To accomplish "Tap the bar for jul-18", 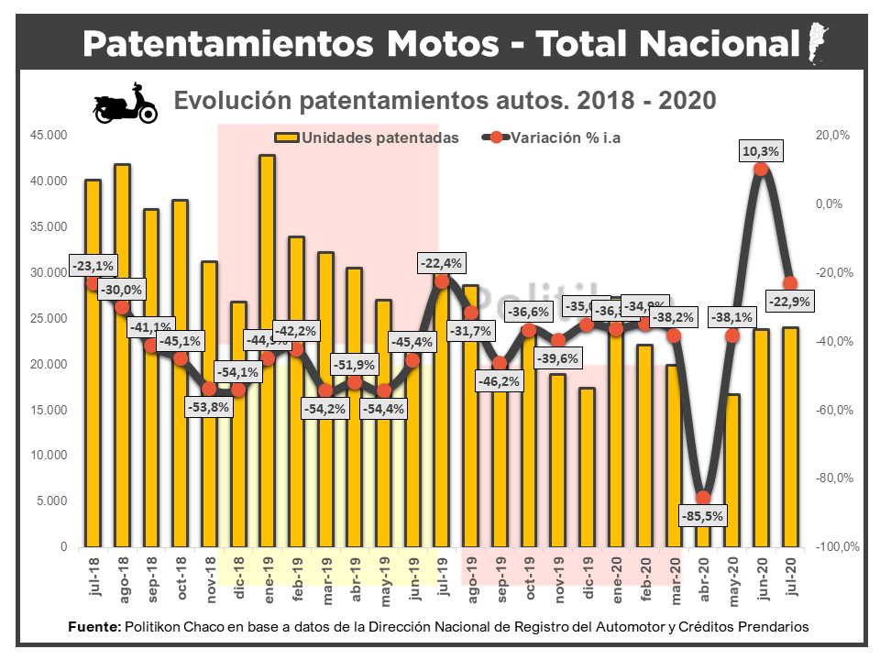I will pos(93,367).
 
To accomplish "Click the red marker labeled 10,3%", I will pos(761,169).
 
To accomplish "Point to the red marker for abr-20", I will pos(703,498).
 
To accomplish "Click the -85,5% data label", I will pos(703,516).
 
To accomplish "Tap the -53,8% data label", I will pos(209,410).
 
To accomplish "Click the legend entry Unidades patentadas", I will pos(367,137).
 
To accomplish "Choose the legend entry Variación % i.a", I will pos(559,137).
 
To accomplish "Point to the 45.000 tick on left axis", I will pos(49,135).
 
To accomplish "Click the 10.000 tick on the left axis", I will pos(49,456).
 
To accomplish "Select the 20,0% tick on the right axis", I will pos(834,135).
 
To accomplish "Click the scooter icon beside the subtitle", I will pos(126,103).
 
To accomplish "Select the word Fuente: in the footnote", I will pos(94,627).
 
